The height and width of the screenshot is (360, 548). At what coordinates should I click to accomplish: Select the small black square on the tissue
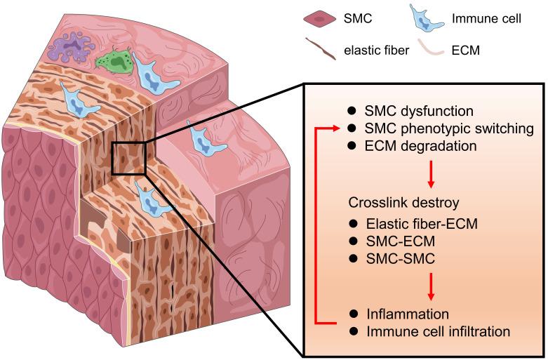pos(128,156)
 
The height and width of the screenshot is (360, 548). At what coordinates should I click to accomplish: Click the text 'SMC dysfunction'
pos(409,112)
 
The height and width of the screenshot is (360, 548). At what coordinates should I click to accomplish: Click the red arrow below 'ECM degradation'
pos(431,173)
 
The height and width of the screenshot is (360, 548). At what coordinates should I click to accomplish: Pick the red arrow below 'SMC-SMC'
pos(431,285)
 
